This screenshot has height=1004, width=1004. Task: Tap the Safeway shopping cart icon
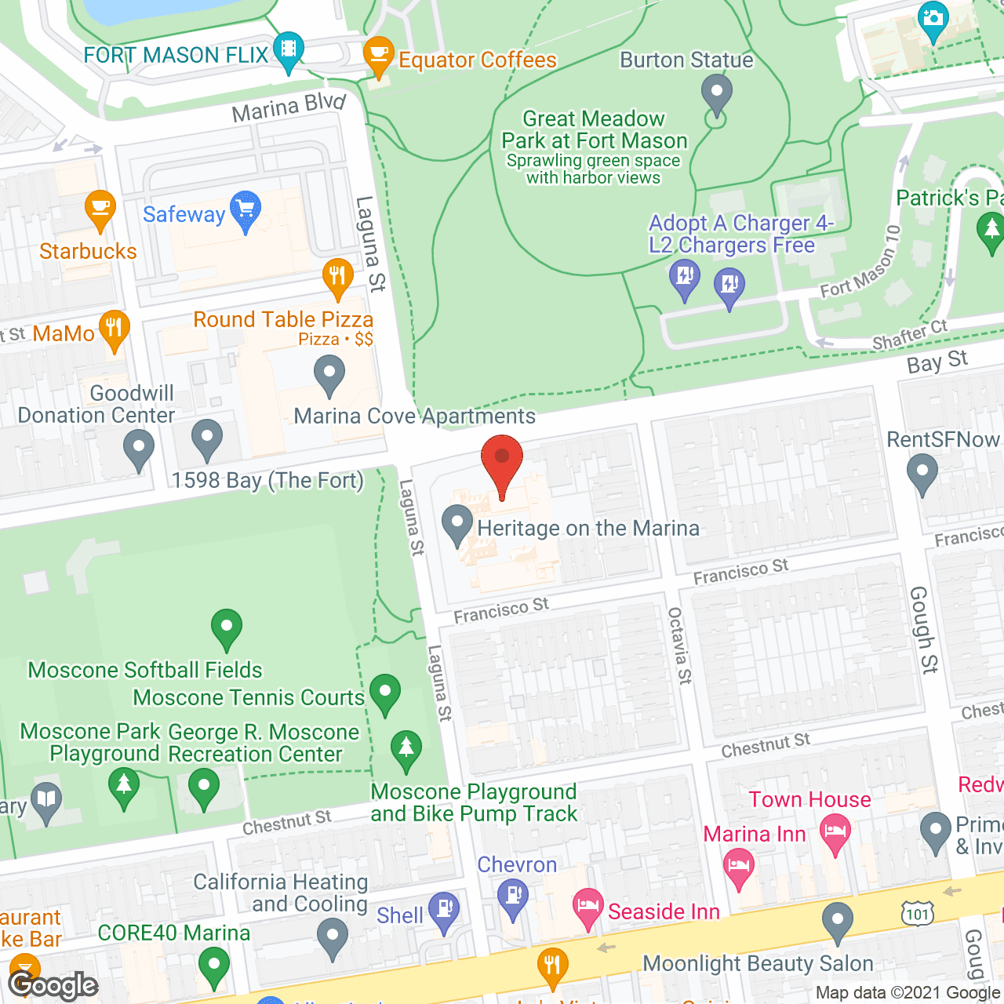[246, 210]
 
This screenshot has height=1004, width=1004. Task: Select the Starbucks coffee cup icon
[100, 209]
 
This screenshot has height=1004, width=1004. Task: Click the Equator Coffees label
[477, 60]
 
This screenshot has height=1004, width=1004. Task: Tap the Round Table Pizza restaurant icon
[337, 277]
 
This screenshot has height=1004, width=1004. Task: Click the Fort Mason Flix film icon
[289, 50]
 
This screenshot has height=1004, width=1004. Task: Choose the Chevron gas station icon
[513, 896]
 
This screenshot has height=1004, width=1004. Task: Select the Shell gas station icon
[444, 910]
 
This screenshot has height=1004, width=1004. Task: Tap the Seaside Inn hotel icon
[587, 907]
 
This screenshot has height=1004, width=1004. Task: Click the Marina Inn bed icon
[738, 868]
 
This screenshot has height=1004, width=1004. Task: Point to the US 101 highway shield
[917, 913]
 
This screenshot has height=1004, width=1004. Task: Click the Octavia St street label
[679, 645]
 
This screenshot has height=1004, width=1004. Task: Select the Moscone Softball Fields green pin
[227, 627]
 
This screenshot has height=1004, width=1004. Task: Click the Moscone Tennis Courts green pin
[384, 693]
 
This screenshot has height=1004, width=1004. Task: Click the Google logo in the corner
[53, 985]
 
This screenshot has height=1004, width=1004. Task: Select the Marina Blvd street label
[289, 107]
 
